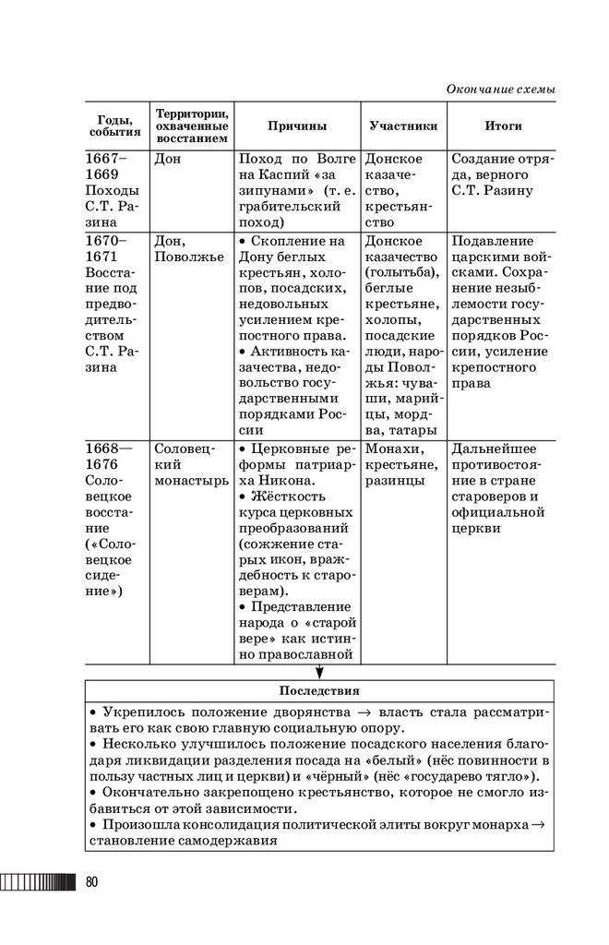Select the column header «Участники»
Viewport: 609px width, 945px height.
coord(402,126)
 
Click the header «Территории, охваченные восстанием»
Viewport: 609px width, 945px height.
coord(191,126)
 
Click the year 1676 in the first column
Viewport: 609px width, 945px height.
coord(104,465)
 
